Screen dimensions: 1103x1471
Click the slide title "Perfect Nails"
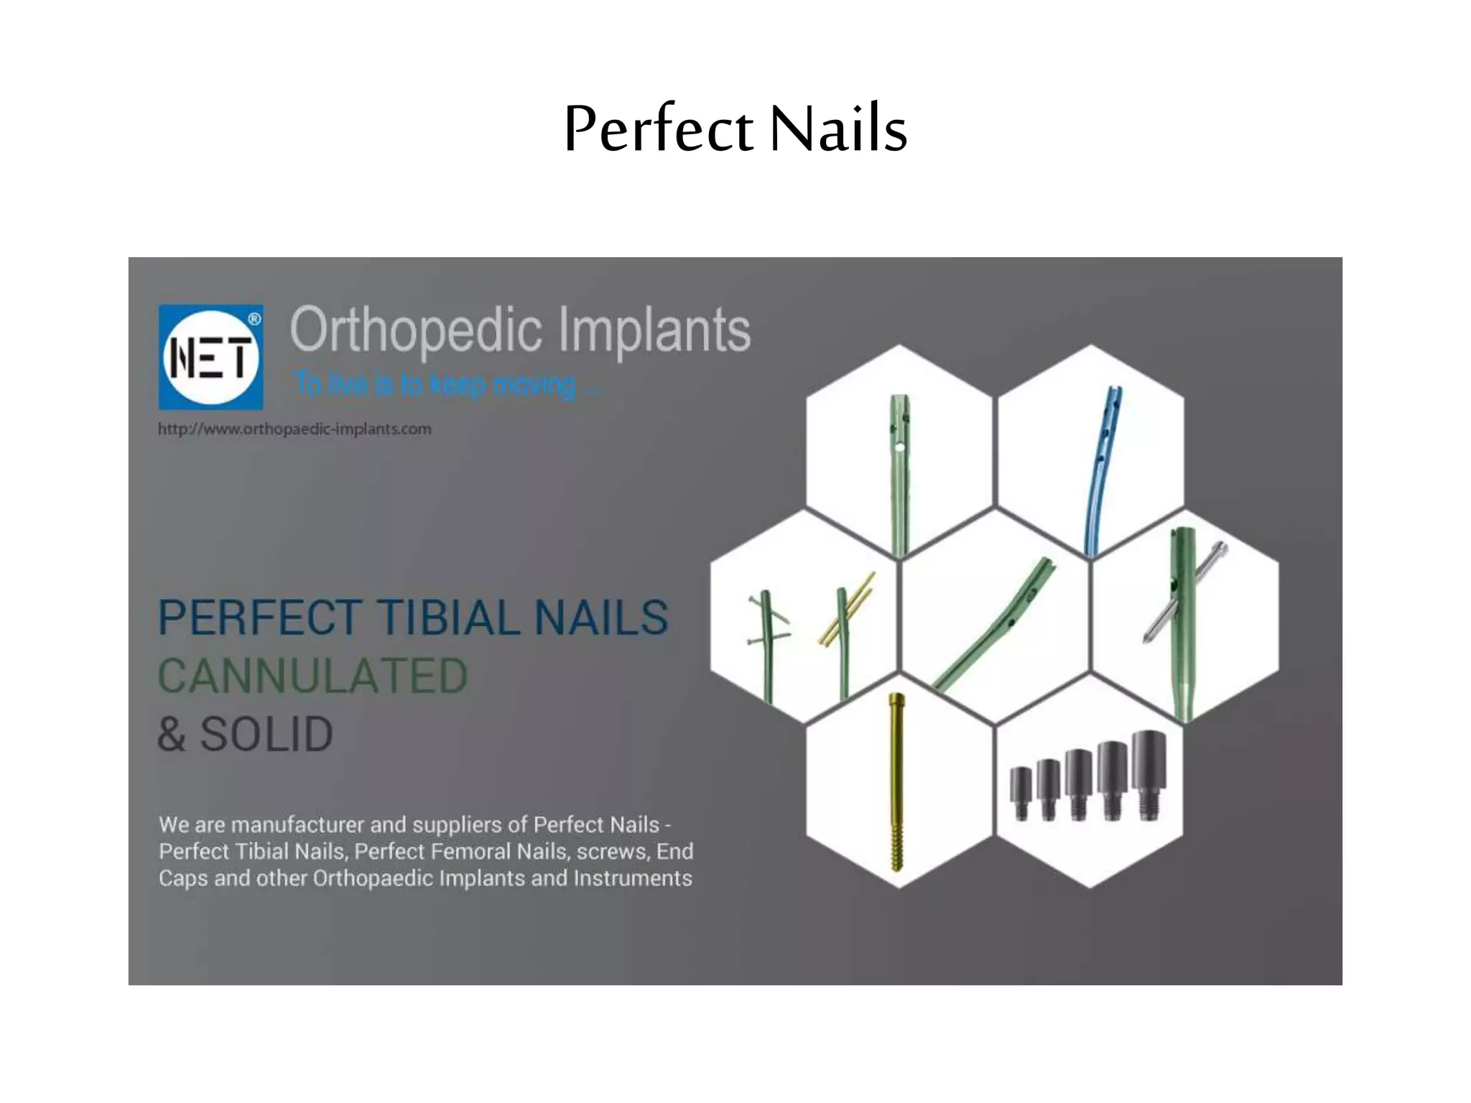(x=735, y=129)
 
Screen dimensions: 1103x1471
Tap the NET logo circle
(x=210, y=358)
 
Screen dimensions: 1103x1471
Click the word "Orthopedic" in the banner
(x=415, y=330)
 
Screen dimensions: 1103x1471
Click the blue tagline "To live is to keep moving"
(x=445, y=385)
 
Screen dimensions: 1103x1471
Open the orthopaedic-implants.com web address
(x=294, y=429)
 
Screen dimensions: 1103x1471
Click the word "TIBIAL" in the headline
(x=448, y=618)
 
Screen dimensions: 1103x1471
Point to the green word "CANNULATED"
(x=312, y=676)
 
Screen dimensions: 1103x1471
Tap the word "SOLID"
(x=266, y=735)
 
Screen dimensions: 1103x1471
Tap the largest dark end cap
(x=1149, y=774)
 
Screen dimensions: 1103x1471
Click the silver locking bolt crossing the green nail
(x=1185, y=593)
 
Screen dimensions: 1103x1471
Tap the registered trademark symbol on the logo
(x=254, y=319)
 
